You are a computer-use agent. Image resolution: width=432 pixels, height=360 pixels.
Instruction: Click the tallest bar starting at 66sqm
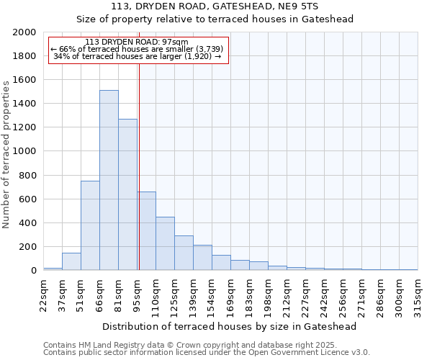point(109,180)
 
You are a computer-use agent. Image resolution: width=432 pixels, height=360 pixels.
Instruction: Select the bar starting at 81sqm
point(127,194)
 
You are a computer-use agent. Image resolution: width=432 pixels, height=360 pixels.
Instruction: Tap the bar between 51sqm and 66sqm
point(90,225)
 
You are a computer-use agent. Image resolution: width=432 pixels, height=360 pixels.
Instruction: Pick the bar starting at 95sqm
point(147,231)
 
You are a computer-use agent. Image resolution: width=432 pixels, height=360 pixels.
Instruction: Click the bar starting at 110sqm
point(165,243)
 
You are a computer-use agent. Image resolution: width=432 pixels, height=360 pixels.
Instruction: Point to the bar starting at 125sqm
point(184,253)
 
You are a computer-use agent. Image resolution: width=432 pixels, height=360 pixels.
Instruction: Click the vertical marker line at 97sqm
point(139,144)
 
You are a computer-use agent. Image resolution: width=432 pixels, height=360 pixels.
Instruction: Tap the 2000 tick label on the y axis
point(25,32)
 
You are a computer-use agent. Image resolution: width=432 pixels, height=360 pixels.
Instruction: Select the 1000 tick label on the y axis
point(25,151)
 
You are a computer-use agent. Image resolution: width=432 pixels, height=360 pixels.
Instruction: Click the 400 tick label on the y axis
point(28,223)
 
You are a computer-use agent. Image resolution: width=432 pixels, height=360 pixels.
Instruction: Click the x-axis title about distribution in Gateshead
point(230,326)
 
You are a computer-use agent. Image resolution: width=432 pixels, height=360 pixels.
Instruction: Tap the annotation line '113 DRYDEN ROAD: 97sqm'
point(136,42)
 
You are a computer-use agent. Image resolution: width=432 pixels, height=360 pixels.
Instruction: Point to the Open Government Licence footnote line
point(207,353)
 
